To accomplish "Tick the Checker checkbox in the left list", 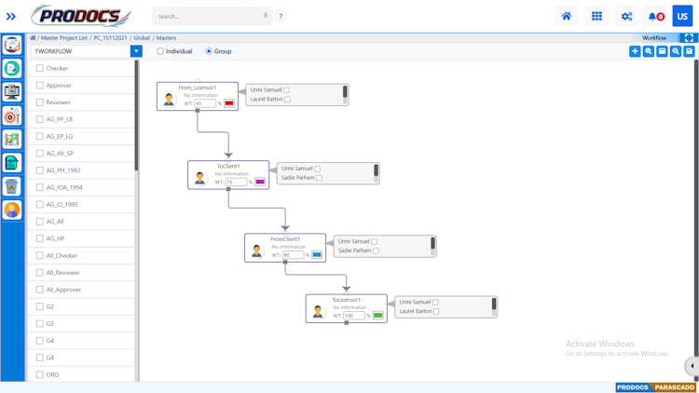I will click(40, 68).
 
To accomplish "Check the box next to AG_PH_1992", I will click(40, 170).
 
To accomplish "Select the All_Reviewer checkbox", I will click(40, 273).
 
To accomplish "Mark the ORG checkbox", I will click(40, 374).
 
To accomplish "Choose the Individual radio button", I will click(160, 51).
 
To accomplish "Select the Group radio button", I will click(209, 51).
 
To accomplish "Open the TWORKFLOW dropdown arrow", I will click(136, 51).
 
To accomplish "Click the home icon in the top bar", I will click(566, 16).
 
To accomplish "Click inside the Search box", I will click(207, 16).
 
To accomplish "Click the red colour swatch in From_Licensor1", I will click(229, 103).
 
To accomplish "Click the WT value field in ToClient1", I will click(236, 182).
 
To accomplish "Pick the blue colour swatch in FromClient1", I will click(317, 254).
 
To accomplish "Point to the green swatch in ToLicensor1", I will click(378, 316).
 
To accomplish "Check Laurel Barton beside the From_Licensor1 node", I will click(287, 100).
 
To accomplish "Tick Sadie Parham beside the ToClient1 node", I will click(319, 178).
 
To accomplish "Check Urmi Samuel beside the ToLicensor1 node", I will click(435, 303).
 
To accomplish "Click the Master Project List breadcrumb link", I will click(64, 38).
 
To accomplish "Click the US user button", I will click(682, 16).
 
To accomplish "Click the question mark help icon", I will click(281, 16).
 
